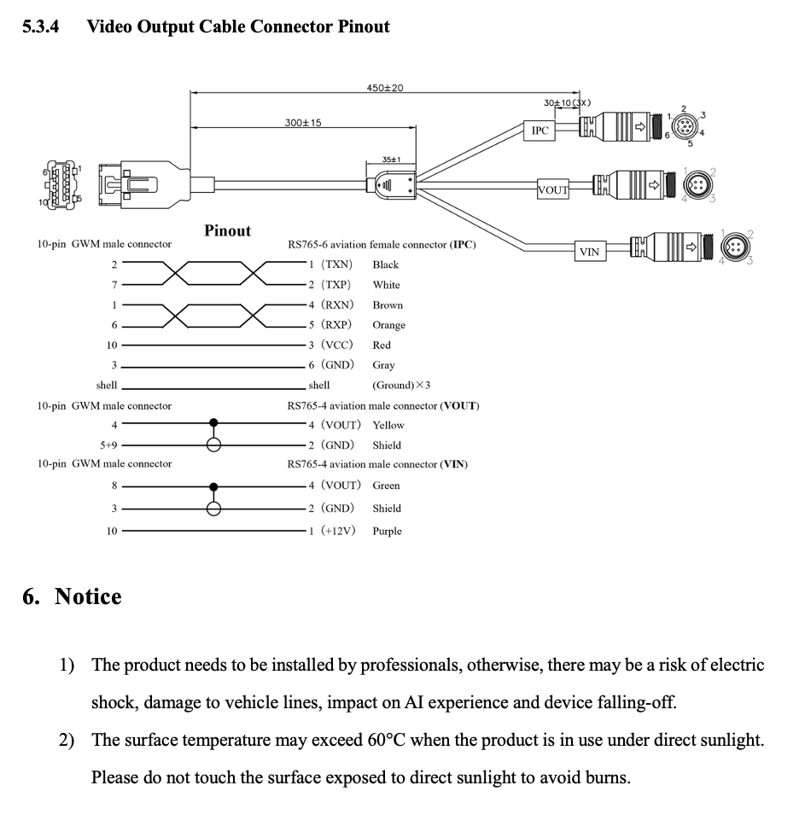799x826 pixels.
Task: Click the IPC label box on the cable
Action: tap(539, 131)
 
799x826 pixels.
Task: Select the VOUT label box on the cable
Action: tap(552, 189)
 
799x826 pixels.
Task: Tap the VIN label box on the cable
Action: tap(589, 251)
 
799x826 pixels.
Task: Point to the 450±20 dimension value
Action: tap(384, 88)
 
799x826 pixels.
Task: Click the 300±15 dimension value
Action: tap(303, 123)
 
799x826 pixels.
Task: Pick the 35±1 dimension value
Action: tap(391, 160)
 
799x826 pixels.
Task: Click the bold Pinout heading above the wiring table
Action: tap(227, 230)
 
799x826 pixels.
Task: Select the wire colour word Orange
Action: tap(388, 325)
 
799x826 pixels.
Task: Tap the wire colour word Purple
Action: tap(387, 531)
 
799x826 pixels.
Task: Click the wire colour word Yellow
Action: tap(388, 425)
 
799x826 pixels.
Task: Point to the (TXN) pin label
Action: tap(336, 265)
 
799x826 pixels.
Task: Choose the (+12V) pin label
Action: tap(338, 531)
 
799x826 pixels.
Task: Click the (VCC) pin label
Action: tap(336, 345)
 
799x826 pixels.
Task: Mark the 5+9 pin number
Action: tap(108, 445)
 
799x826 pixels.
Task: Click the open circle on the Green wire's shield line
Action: tap(214, 509)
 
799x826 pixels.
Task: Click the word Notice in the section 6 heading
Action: tap(88, 596)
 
